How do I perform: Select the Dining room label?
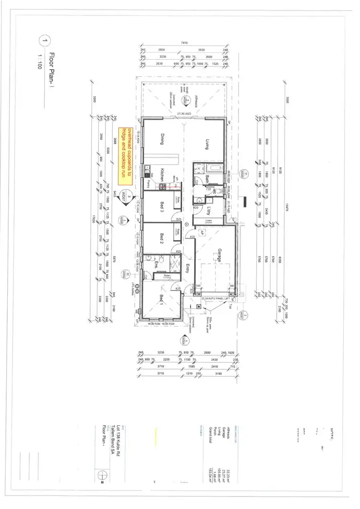coord(163,139)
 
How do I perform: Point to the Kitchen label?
coord(163,174)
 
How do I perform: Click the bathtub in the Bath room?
coord(213,169)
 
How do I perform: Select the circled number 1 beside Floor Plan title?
coord(45,42)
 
